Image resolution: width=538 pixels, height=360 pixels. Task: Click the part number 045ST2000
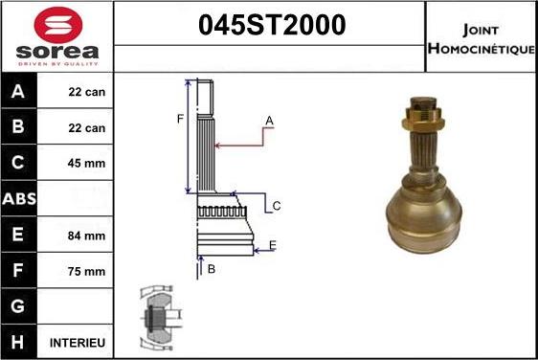pos(270,27)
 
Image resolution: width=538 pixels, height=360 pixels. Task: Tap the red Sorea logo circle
pos(57,23)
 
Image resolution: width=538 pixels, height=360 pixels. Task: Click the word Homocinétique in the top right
pos(481,48)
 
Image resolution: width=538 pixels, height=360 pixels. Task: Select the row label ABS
pos(19,198)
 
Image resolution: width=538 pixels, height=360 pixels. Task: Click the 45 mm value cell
pos(86,164)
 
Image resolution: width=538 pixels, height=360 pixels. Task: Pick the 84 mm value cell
pos(86,235)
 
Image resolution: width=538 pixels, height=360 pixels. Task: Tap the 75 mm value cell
pos(86,271)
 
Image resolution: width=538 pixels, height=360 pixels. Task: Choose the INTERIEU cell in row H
pos(78,342)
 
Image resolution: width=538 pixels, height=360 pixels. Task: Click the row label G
pos(19,306)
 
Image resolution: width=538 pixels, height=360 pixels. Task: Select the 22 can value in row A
pos(86,93)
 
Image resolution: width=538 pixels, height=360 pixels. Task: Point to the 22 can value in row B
pos(86,127)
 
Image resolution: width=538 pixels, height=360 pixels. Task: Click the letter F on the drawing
pos(179,119)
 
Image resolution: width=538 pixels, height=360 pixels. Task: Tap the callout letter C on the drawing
pos(276,206)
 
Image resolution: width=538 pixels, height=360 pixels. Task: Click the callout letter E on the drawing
pos(272,246)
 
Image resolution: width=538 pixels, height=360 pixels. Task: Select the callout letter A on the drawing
pos(269,121)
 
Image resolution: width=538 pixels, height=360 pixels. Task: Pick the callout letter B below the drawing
pos(211,269)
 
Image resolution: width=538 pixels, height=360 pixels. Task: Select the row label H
pos(19,342)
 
